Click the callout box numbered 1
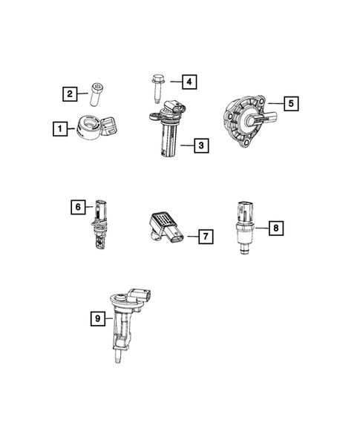coord(57,129)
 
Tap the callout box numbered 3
coord(200,146)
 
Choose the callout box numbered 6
coord(77,207)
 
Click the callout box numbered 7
coord(206,237)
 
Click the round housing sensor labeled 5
coord(247,119)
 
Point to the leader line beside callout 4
coord(174,80)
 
